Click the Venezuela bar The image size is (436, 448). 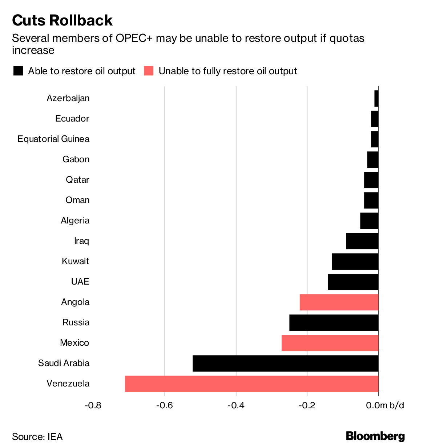pyautogui.click(x=252, y=384)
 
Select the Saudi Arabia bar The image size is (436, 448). pyautogui.click(x=286, y=363)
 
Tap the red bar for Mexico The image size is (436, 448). pyautogui.click(x=330, y=343)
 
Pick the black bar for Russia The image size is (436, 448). pyautogui.click(x=334, y=322)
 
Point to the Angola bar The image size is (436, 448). pyautogui.click(x=339, y=302)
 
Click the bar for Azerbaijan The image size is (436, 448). pyautogui.click(x=376, y=98)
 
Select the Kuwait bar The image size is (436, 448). pyautogui.click(x=355, y=261)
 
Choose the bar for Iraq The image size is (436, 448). pyautogui.click(x=362, y=241)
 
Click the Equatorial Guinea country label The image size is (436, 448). pyautogui.click(x=53, y=139)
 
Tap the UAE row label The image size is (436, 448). pyautogui.click(x=80, y=282)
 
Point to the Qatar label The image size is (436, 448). pyautogui.click(x=77, y=180)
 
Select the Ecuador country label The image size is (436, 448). pyautogui.click(x=72, y=119)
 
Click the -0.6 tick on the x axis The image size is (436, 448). pyautogui.click(x=165, y=405)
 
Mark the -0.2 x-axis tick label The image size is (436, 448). pyautogui.click(x=307, y=405)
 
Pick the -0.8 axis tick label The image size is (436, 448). pyautogui.click(x=93, y=405)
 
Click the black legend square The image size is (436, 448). pyautogui.click(x=18, y=71)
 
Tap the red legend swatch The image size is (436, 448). pyautogui.click(x=149, y=71)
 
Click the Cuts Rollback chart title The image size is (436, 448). pyautogui.click(x=62, y=20)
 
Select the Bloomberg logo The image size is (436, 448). pyautogui.click(x=375, y=436)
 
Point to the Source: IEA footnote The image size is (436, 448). pyautogui.click(x=37, y=436)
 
